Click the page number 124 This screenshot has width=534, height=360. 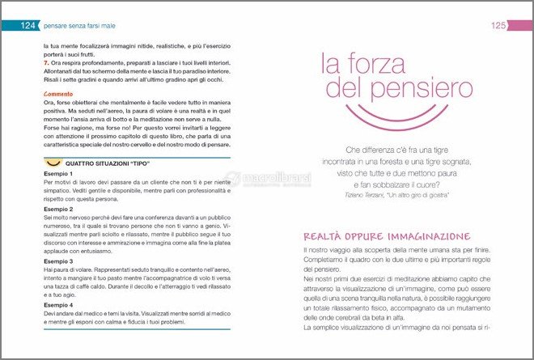pos(28,26)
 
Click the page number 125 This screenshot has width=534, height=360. pos(498,26)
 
